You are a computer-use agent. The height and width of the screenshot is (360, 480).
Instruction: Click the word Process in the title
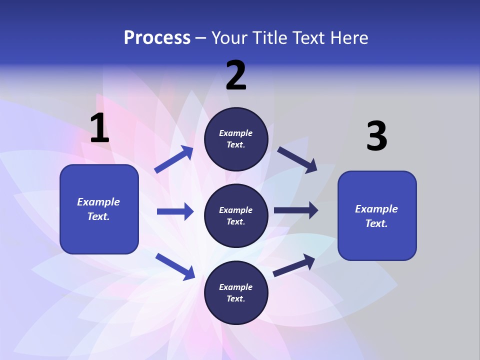point(157,38)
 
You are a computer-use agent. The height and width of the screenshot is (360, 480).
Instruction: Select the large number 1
point(99,128)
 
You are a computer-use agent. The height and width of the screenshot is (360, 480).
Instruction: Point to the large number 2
point(236,75)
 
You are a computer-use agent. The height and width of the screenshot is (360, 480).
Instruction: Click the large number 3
point(376,136)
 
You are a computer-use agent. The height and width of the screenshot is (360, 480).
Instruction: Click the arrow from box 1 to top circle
point(174,159)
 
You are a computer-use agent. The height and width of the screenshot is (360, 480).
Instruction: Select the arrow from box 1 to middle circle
point(175,211)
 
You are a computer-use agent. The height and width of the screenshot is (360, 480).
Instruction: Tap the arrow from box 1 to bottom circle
point(175,266)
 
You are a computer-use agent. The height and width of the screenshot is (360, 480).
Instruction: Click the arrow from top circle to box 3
point(297,159)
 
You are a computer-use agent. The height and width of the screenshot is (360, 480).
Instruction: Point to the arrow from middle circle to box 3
point(295,210)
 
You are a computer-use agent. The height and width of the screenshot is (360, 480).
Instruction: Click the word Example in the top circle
point(235,133)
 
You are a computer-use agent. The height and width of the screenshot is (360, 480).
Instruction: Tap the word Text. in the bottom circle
point(235,298)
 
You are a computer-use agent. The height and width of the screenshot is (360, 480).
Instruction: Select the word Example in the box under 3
point(376,209)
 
